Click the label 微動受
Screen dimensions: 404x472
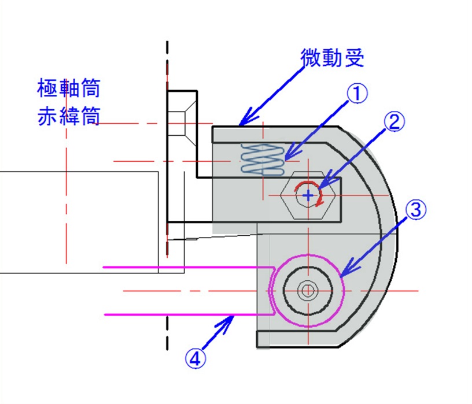coord(331,58)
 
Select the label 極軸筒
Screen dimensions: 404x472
coord(68,89)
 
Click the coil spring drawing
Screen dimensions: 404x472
coord(262,159)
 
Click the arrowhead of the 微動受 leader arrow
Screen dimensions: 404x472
coord(241,124)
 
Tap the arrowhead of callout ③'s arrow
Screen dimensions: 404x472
coord(344,274)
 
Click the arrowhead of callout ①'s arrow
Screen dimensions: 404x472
coord(285,158)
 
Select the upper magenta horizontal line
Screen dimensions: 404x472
coord(185,267)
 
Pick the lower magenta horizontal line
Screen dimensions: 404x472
coord(185,314)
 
